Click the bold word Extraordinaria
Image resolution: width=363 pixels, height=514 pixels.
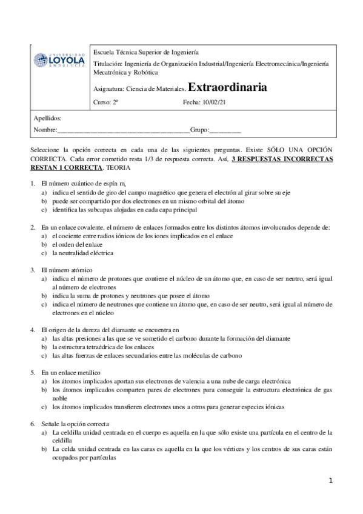coord(227,87)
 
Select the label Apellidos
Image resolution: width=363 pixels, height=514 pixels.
coord(47,118)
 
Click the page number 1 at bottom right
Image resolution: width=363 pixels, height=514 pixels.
coord(331,480)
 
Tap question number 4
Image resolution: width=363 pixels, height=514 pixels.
coord(32,330)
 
